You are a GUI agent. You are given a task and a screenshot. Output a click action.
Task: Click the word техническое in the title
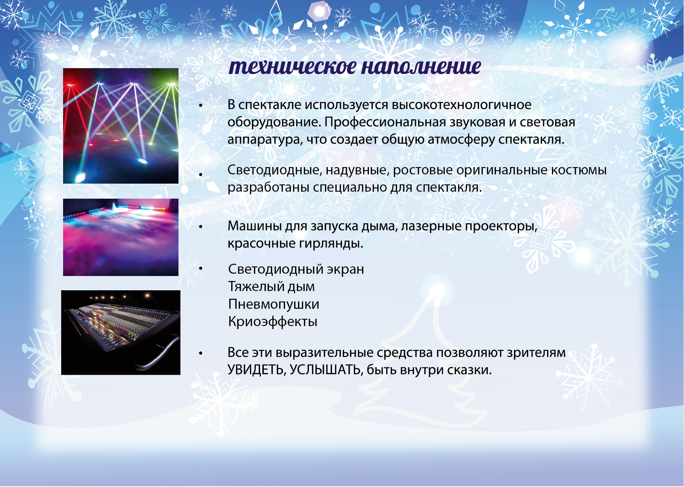click(292, 67)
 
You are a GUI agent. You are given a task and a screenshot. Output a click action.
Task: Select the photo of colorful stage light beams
click(121, 126)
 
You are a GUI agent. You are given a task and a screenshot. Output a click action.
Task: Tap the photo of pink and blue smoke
click(121, 237)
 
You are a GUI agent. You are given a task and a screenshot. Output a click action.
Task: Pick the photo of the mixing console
click(121, 333)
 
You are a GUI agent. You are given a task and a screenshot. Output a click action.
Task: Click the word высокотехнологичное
click(462, 105)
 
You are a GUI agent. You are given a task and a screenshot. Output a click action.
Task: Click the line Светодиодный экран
click(296, 269)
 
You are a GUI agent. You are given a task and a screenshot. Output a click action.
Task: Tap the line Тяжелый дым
click(271, 286)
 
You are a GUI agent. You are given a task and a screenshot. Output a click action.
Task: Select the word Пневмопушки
click(274, 304)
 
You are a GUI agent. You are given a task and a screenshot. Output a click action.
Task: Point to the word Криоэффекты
click(273, 321)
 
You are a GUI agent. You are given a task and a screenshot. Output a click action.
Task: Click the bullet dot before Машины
click(200, 227)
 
